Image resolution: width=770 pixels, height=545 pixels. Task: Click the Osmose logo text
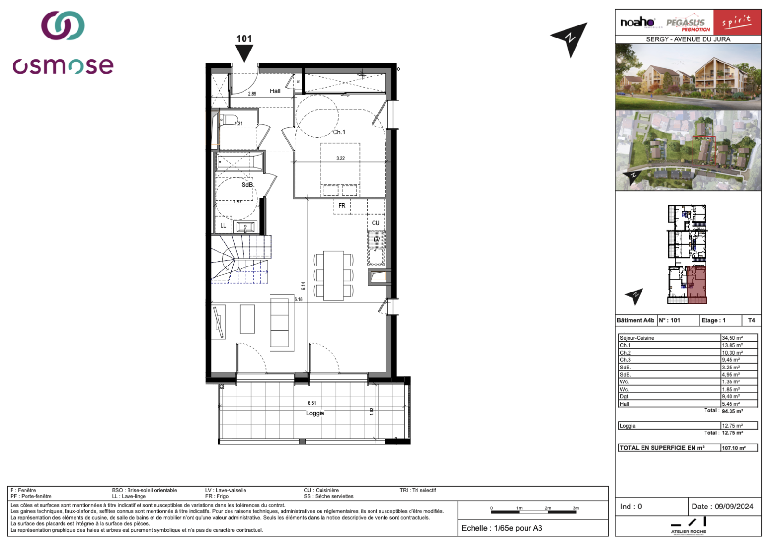[x=63, y=66]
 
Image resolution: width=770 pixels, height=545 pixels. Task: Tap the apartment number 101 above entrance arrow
[x=244, y=39]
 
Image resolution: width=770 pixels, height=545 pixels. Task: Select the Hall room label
[x=275, y=91]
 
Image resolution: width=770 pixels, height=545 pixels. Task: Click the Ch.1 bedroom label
[x=339, y=132]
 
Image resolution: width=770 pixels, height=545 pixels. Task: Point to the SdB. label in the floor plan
[x=247, y=185]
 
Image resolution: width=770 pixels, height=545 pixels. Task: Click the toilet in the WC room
[x=230, y=119]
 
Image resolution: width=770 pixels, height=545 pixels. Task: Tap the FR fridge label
[x=342, y=206]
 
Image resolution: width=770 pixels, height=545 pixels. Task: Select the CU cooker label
[x=376, y=223]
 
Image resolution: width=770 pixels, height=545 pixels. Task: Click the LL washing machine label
[x=223, y=225]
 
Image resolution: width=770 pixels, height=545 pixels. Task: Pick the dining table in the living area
[x=334, y=275]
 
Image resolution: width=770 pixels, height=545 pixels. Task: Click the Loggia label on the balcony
[x=315, y=413]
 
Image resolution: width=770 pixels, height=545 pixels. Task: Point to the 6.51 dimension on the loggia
[x=312, y=403]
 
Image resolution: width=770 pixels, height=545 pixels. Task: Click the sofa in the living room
[x=282, y=322]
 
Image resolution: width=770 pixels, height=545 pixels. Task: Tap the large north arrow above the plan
[x=570, y=38]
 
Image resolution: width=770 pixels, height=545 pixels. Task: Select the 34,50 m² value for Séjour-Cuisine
[x=732, y=338]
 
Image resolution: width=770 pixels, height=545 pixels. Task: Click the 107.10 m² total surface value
[x=734, y=448]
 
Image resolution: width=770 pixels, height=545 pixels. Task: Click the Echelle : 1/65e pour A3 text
[x=502, y=528]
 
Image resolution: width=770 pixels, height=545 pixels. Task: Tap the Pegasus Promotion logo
[x=688, y=23]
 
